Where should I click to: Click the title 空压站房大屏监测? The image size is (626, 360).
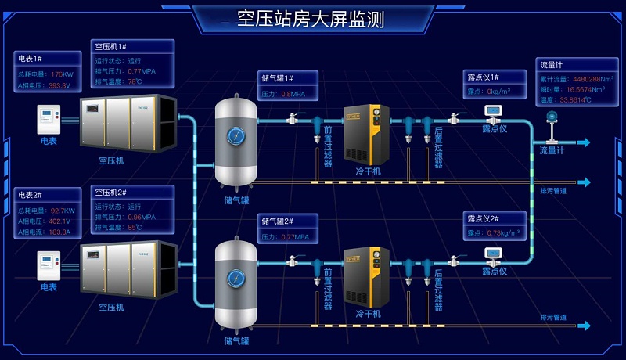point(311,20)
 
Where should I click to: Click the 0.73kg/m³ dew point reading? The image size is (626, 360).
point(505,233)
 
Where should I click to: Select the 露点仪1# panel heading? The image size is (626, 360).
point(483,77)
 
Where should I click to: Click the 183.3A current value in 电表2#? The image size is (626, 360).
point(59,232)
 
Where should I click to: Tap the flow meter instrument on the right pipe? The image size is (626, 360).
point(551,120)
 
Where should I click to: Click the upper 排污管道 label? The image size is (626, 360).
point(553,190)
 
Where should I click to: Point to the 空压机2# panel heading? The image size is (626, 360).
point(111,193)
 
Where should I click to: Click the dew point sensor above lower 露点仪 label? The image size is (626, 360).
point(494,254)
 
